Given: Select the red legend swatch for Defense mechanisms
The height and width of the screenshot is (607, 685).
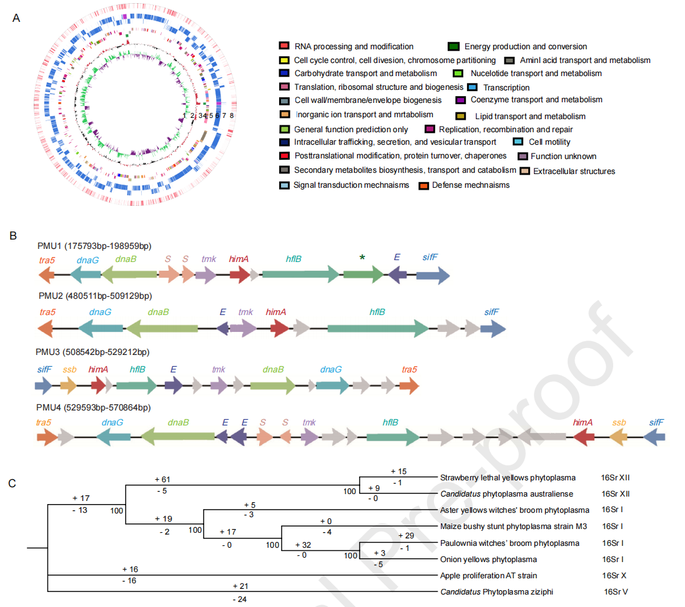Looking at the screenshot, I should point(423,185).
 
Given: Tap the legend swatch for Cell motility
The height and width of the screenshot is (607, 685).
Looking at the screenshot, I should point(518,142).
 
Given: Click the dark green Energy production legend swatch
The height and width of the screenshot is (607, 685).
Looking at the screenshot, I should point(454,46).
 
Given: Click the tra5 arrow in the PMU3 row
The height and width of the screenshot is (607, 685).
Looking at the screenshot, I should point(408,386).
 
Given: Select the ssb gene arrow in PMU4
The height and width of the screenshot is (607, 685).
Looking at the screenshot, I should point(618,438).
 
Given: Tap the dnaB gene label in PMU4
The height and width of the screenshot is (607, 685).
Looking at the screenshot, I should point(179,422).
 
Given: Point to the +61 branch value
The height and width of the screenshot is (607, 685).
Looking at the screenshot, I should point(162,479).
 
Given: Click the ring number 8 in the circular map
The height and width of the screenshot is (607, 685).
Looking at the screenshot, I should point(232,115).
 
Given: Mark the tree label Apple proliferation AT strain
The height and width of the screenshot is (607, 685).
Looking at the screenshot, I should point(489,576).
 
